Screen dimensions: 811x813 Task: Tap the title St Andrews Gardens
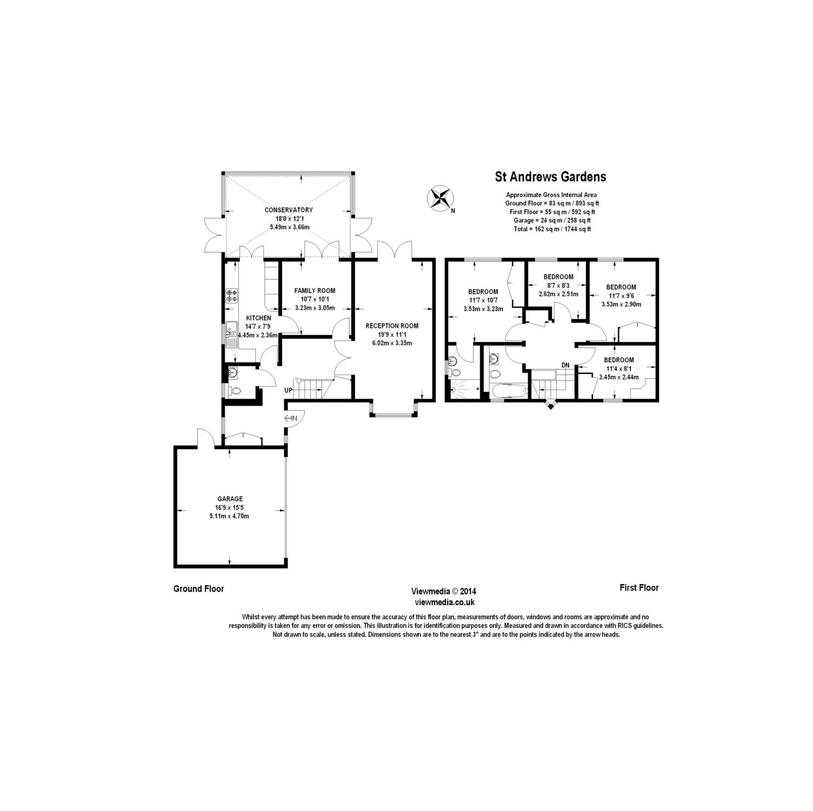click(551, 177)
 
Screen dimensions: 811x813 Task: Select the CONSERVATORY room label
click(288, 210)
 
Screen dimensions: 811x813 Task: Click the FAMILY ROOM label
click(315, 291)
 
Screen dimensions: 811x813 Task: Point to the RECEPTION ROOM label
click(392, 326)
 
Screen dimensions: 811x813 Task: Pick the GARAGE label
click(230, 499)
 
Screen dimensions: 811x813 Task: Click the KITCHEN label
click(259, 318)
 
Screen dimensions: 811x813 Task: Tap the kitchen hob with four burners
click(232, 296)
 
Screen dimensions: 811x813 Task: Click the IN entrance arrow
click(291, 418)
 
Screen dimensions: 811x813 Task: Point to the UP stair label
click(288, 390)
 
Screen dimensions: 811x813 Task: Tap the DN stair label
click(565, 365)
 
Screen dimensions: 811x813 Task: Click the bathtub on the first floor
click(508, 391)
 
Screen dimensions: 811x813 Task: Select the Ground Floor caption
click(198, 589)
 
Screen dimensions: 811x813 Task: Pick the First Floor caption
click(639, 588)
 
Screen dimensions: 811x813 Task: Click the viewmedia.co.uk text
click(444, 602)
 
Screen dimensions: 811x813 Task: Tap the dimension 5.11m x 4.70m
click(229, 516)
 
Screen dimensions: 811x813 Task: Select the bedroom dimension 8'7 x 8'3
click(558, 286)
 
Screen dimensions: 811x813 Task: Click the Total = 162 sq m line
click(552, 229)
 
